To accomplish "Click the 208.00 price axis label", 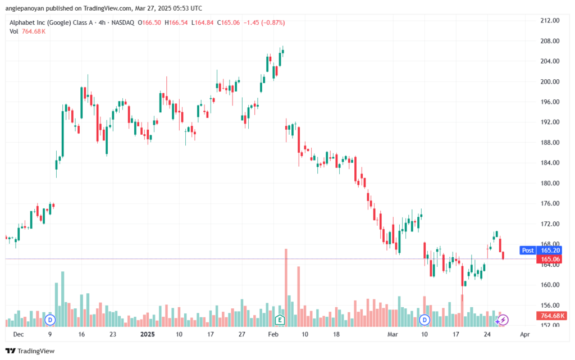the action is click(550, 41).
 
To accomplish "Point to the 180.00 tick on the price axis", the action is click(550, 183).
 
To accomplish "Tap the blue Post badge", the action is click(528, 250).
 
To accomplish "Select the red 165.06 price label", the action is click(550, 259).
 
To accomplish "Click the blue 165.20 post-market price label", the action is click(550, 250).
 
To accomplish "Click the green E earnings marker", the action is click(280, 320).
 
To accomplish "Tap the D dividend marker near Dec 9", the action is click(50, 320).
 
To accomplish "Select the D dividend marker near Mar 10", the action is click(425, 320).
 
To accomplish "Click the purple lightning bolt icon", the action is click(503, 320).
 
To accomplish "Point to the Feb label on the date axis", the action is click(273, 334).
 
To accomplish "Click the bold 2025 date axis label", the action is click(148, 334).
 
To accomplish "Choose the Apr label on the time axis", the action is click(525, 334).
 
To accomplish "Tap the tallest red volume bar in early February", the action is click(286, 288).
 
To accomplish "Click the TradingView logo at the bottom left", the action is click(30, 351).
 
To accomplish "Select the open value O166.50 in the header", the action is click(149, 22).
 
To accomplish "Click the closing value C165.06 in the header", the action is click(228, 22).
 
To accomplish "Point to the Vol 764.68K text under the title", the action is click(28, 31).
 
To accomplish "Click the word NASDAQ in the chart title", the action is click(123, 22).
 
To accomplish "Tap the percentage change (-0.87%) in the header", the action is click(273, 22).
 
